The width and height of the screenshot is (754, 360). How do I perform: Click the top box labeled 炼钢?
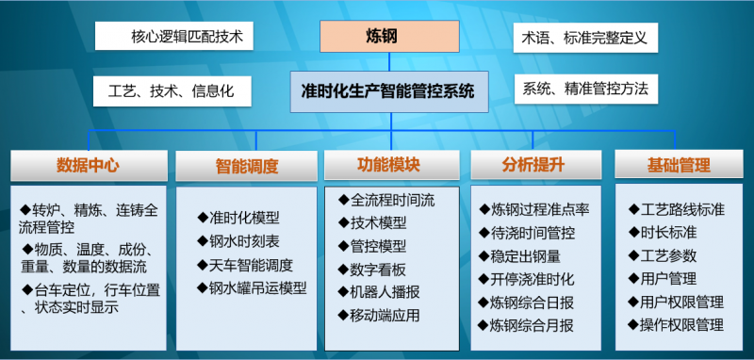[387, 38]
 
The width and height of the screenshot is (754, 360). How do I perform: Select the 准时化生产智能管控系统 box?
[388, 92]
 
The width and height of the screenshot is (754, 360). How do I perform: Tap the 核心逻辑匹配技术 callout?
[174, 38]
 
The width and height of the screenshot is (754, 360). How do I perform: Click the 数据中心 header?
[88, 165]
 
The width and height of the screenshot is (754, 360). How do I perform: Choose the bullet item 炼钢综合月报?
[533, 326]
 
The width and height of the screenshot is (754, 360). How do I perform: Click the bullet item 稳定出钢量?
[526, 255]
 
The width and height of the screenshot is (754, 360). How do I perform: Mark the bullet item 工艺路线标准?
[681, 208]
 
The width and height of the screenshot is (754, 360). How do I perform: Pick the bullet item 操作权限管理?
[681, 325]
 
